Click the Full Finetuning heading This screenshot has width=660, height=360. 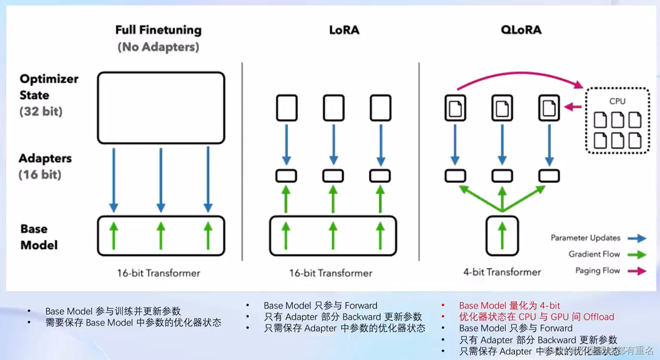[158, 30]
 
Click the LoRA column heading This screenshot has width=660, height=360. [344, 30]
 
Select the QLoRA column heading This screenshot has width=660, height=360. [521, 30]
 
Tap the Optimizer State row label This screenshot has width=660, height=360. [49, 87]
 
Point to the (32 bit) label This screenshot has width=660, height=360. [41, 112]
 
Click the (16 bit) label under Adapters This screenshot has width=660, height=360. [40, 174]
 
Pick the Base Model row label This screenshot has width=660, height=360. [39, 237]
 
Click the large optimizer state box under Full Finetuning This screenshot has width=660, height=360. [161, 108]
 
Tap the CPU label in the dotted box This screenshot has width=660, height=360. [617, 101]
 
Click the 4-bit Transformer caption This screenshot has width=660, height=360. [502, 272]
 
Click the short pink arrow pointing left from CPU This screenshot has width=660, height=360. [573, 107]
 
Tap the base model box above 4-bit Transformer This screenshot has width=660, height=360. [502, 236]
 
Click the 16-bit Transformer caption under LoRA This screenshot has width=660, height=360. [331, 273]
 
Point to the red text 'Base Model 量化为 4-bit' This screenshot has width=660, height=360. [509, 305]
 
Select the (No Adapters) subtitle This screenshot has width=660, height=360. [158, 47]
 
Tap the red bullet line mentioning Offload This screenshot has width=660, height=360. [536, 317]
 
